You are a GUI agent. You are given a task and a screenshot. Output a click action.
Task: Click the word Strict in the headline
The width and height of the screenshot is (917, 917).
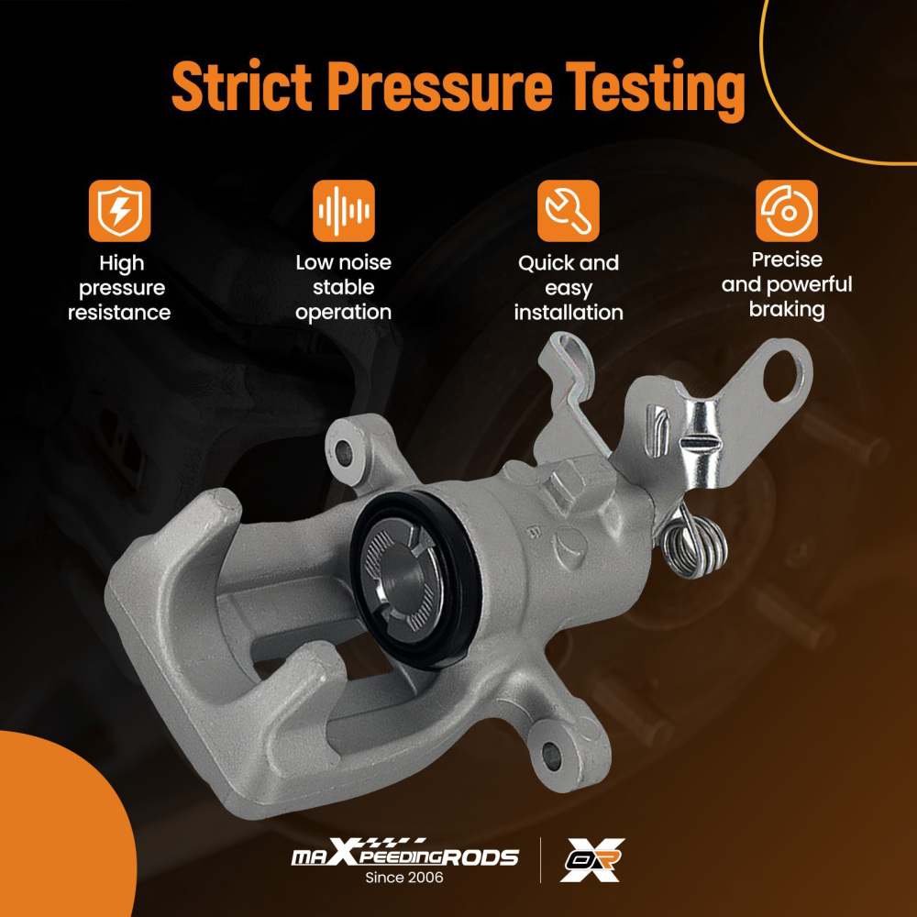coord(241,88)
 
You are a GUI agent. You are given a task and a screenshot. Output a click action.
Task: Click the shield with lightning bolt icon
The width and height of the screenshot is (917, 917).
coord(120,211)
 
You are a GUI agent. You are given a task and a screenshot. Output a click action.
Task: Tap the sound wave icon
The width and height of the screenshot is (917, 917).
coord(343,211)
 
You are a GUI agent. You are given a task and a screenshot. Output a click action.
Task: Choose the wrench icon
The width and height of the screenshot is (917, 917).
coord(569,211)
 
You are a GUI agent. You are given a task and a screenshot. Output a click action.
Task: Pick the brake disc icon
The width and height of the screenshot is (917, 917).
coord(787,211)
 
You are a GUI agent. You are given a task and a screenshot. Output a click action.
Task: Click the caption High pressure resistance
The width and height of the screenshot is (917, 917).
coord(120,288)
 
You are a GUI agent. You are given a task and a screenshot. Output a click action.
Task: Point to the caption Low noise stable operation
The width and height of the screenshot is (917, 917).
coord(343,287)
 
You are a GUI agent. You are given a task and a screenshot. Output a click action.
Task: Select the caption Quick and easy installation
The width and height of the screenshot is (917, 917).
coord(569,288)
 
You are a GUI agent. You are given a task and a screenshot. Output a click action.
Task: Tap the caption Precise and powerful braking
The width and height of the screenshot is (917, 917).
coord(787,284)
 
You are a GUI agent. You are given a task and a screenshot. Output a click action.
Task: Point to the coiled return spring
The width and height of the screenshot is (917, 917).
coord(695,546)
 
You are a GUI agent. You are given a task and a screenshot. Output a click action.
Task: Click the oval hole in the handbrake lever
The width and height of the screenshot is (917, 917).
coord(786,375)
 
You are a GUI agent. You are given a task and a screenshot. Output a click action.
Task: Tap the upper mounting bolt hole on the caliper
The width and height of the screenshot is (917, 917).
coord(344,451)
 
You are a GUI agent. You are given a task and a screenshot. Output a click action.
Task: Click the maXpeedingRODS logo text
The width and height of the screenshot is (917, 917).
coord(404,856)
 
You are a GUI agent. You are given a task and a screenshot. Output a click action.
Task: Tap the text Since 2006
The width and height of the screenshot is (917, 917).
coord(404,878)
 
